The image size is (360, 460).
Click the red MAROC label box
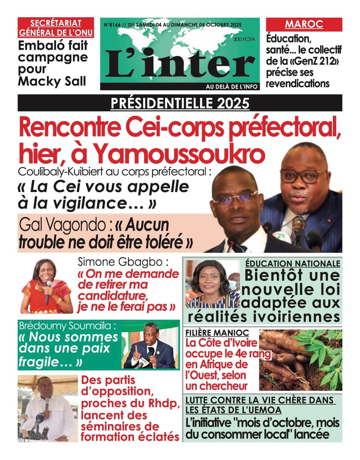tap(304, 24)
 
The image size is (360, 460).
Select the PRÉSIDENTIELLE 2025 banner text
tap(180, 103)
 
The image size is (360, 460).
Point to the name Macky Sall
tap(52, 81)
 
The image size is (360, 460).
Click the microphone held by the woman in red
tap(48, 291)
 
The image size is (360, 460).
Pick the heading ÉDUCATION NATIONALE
tap(293, 263)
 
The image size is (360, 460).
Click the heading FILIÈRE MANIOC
tap(217, 333)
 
